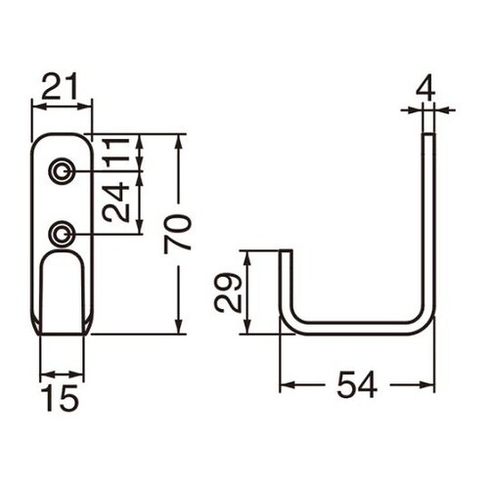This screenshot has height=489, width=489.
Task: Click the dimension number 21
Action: (61, 86)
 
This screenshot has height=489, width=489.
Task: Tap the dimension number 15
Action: (62, 397)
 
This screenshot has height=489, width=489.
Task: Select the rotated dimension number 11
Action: (115, 153)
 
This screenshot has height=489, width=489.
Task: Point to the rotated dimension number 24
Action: (115, 202)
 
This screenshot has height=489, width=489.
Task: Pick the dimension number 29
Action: (228, 292)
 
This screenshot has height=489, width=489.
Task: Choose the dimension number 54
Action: (357, 385)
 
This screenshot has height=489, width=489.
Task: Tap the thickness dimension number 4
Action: (425, 88)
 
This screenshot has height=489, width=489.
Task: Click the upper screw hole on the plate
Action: (62, 170)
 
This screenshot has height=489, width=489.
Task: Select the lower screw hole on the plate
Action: (62, 234)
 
